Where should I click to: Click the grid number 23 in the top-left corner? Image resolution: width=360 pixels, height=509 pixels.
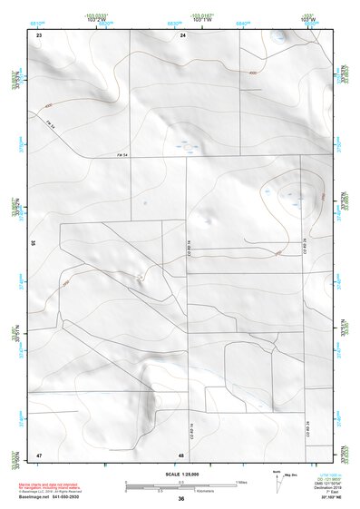click(39, 34)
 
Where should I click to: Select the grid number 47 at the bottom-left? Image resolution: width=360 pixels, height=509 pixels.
click(39, 454)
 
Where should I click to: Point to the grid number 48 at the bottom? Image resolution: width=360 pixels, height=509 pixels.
click(181, 455)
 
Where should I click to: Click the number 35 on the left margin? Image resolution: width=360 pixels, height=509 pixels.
click(33, 244)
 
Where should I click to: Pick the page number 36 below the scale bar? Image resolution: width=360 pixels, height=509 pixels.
click(181, 499)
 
